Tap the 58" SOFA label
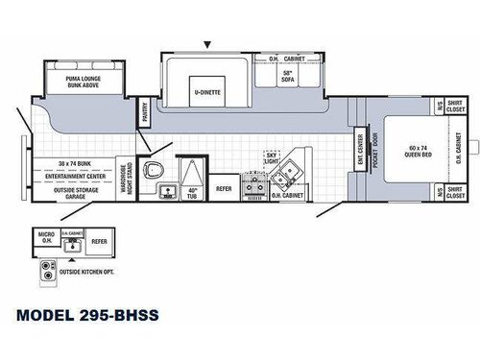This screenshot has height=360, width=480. (287, 76)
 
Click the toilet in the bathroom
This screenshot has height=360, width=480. (152, 172)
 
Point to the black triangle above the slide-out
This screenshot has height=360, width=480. (206, 44)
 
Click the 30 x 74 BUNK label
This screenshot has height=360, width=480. (71, 163)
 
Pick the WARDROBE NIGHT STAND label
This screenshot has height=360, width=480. (125, 176)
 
